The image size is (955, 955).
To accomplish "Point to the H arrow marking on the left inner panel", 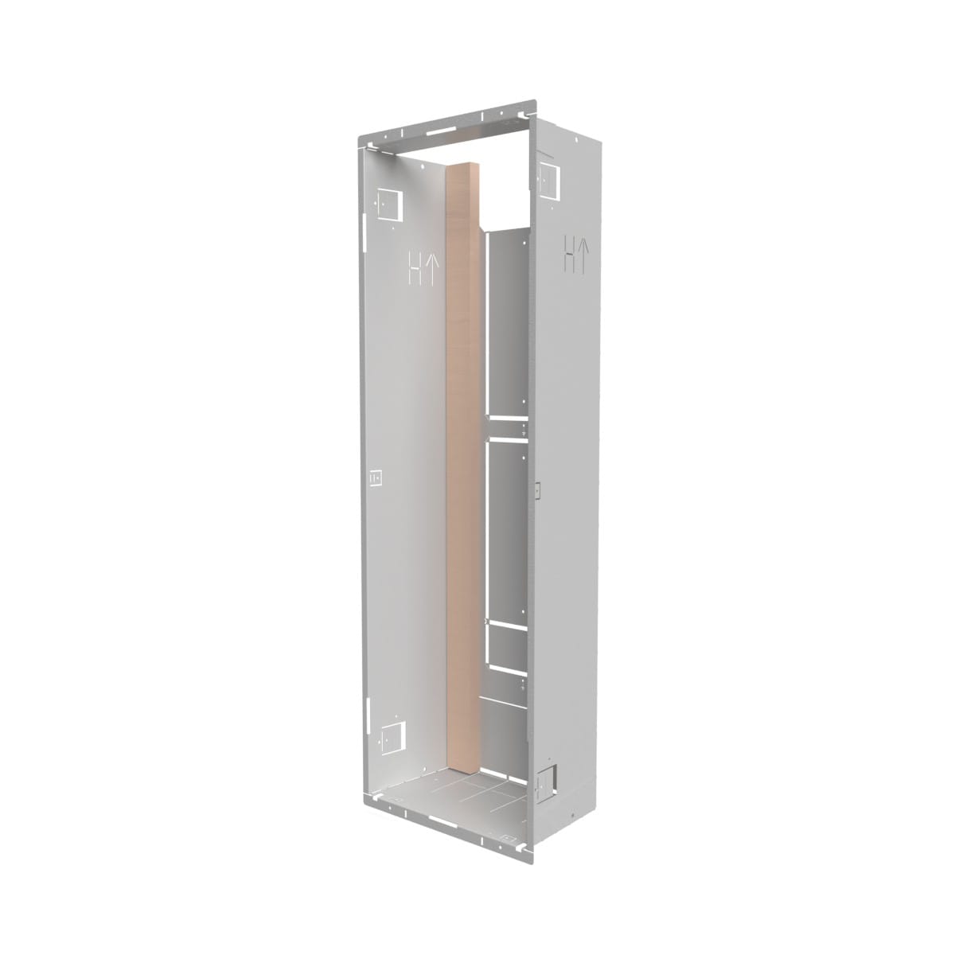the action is tap(421, 267).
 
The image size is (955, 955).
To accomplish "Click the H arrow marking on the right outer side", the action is tap(577, 254).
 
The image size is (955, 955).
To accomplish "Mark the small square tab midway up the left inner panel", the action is tap(376, 477).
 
